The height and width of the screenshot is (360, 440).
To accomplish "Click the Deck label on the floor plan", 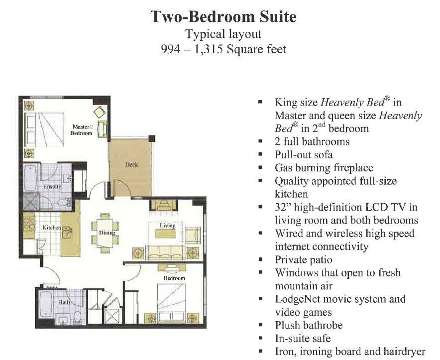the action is [x=131, y=164].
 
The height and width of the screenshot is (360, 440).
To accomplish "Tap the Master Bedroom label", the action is [x=82, y=130].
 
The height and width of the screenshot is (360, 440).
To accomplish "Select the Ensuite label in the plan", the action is [x=52, y=186].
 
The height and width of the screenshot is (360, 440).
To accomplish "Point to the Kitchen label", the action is [x=52, y=227].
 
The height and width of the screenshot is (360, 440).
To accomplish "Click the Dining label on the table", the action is [x=107, y=233].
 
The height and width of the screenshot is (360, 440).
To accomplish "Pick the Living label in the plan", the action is [x=168, y=226].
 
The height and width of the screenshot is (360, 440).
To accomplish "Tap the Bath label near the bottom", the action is [x=64, y=302].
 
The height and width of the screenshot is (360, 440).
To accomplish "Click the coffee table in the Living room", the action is [x=166, y=234].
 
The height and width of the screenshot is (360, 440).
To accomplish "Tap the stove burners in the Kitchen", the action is [x=29, y=223].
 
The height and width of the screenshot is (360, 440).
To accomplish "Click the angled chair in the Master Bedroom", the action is [x=100, y=112].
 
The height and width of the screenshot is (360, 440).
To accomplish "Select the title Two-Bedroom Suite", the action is [x=223, y=16].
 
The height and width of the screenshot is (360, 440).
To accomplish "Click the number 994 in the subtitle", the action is [x=170, y=49].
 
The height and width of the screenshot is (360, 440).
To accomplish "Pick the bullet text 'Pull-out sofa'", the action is [x=304, y=155].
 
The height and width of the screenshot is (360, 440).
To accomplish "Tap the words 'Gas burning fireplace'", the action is [x=324, y=168].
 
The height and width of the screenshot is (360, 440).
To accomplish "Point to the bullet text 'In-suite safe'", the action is [x=303, y=339].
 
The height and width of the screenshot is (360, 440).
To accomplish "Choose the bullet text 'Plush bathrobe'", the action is [x=309, y=325].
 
